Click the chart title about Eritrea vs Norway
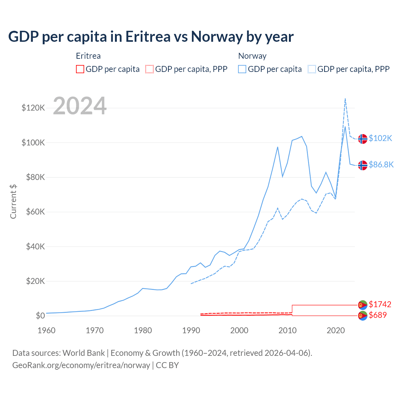click(151, 37)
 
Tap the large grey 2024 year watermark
click(80, 106)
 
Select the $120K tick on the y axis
click(33, 108)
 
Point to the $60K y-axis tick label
click(33, 212)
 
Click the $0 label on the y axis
click(40, 316)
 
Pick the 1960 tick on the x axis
click(46, 330)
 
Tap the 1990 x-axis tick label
click(191, 330)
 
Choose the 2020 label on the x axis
click(336, 330)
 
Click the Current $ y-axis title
click(13, 201)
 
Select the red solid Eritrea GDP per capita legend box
click(80, 69)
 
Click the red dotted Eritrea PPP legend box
click(149, 69)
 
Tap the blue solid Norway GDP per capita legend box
click(242, 69)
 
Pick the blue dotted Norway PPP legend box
click(312, 69)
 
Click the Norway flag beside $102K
click(363, 139)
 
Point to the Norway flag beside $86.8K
click(363, 165)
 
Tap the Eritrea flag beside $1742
click(363, 305)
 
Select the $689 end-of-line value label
click(378, 315)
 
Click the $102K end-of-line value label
click(380, 138)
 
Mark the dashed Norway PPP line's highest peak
click(345, 99)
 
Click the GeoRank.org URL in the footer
click(81, 365)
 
